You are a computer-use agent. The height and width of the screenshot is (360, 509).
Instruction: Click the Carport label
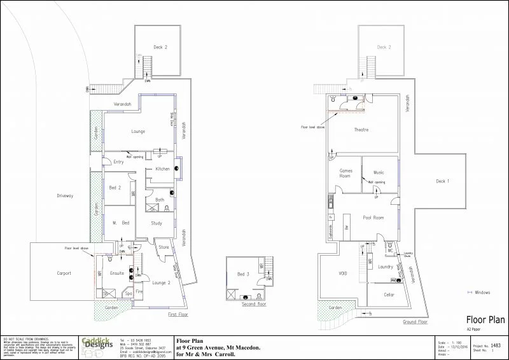tap(64, 273)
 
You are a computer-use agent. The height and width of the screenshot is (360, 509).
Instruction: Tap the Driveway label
tap(66, 196)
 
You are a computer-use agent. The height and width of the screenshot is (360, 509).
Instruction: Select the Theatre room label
tap(361, 130)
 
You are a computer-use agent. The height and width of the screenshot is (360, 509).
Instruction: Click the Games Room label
tap(345, 174)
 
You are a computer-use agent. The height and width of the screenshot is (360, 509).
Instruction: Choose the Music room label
tap(379, 172)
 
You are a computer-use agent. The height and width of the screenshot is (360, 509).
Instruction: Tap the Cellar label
tap(389, 295)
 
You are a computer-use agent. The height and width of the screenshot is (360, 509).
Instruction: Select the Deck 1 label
tap(443, 182)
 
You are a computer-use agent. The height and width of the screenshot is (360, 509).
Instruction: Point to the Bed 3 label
tap(243, 273)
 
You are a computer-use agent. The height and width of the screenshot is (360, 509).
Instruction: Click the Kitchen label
tap(162, 169)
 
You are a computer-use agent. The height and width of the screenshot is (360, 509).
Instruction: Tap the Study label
tap(157, 223)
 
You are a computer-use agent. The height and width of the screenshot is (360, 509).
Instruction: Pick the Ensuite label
tap(116, 273)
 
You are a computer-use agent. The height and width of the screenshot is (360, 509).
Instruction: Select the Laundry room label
tap(386, 267)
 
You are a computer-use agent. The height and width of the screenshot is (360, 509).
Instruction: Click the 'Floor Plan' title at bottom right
tap(485, 320)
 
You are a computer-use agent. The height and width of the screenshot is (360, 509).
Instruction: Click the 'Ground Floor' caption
tap(414, 322)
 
